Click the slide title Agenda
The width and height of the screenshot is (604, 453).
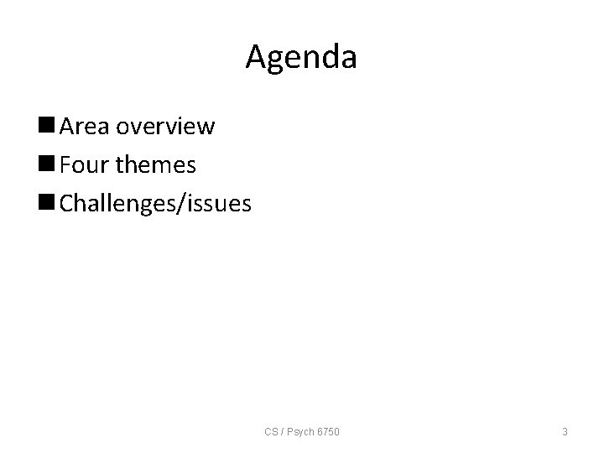click(301, 58)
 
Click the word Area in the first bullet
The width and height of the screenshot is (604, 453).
click(86, 128)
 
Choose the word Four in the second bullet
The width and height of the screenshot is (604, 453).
click(86, 165)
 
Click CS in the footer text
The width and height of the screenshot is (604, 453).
click(271, 432)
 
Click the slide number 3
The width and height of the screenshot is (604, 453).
click(565, 432)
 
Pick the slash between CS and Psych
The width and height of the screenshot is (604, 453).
click(283, 432)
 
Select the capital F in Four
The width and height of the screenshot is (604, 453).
click(66, 165)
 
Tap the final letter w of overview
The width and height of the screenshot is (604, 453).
click(206, 128)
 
